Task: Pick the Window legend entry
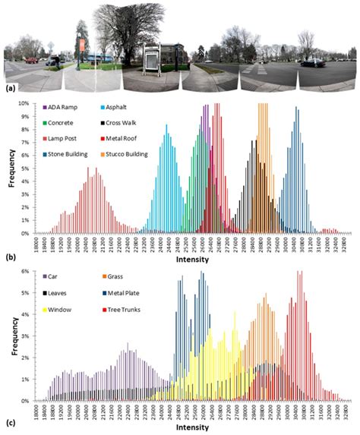coord(65,310)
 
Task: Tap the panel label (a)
coord(11,87)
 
